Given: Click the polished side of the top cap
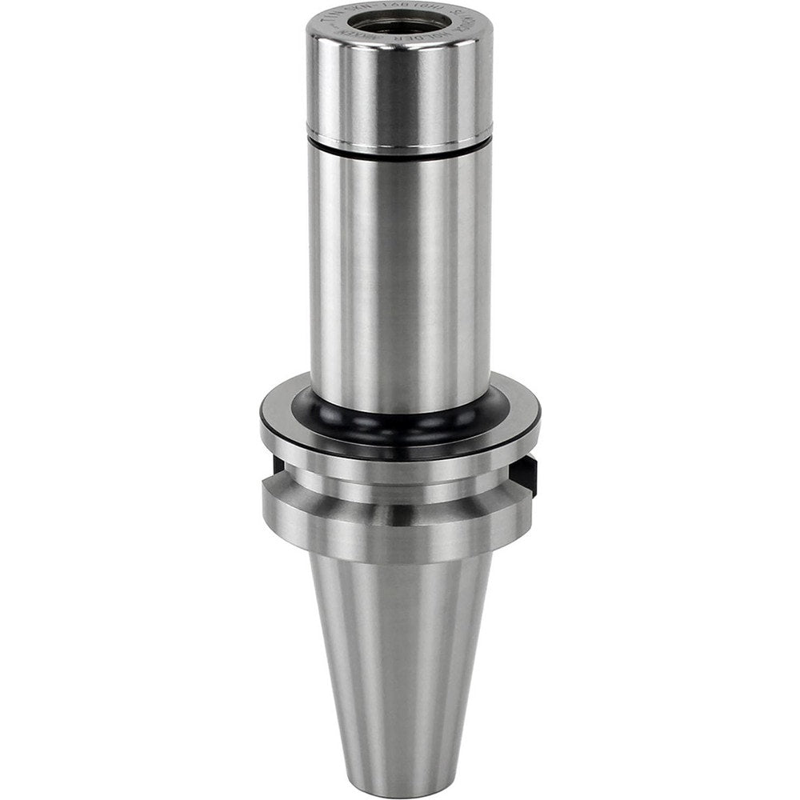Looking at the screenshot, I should click(x=399, y=88).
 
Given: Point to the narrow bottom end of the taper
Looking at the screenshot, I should click(x=399, y=780).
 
